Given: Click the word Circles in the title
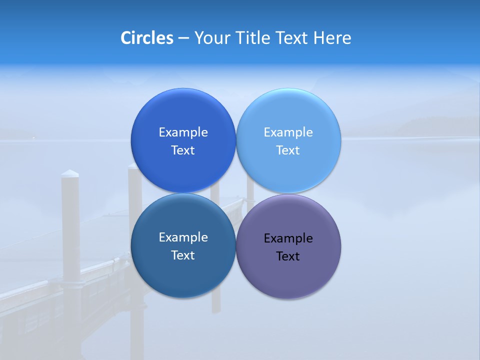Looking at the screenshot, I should (146, 38).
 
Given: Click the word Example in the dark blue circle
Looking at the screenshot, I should (183, 132).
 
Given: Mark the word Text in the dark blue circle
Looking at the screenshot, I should (183, 150).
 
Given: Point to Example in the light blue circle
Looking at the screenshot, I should (288, 132).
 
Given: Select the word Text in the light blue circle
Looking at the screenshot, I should (288, 150).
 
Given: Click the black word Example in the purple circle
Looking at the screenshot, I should (288, 238).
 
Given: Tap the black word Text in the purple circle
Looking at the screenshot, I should (288, 256).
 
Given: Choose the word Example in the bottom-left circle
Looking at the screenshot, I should (183, 237).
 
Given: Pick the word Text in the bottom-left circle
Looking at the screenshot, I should (183, 255).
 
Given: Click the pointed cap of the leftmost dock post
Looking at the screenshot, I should (70, 173).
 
